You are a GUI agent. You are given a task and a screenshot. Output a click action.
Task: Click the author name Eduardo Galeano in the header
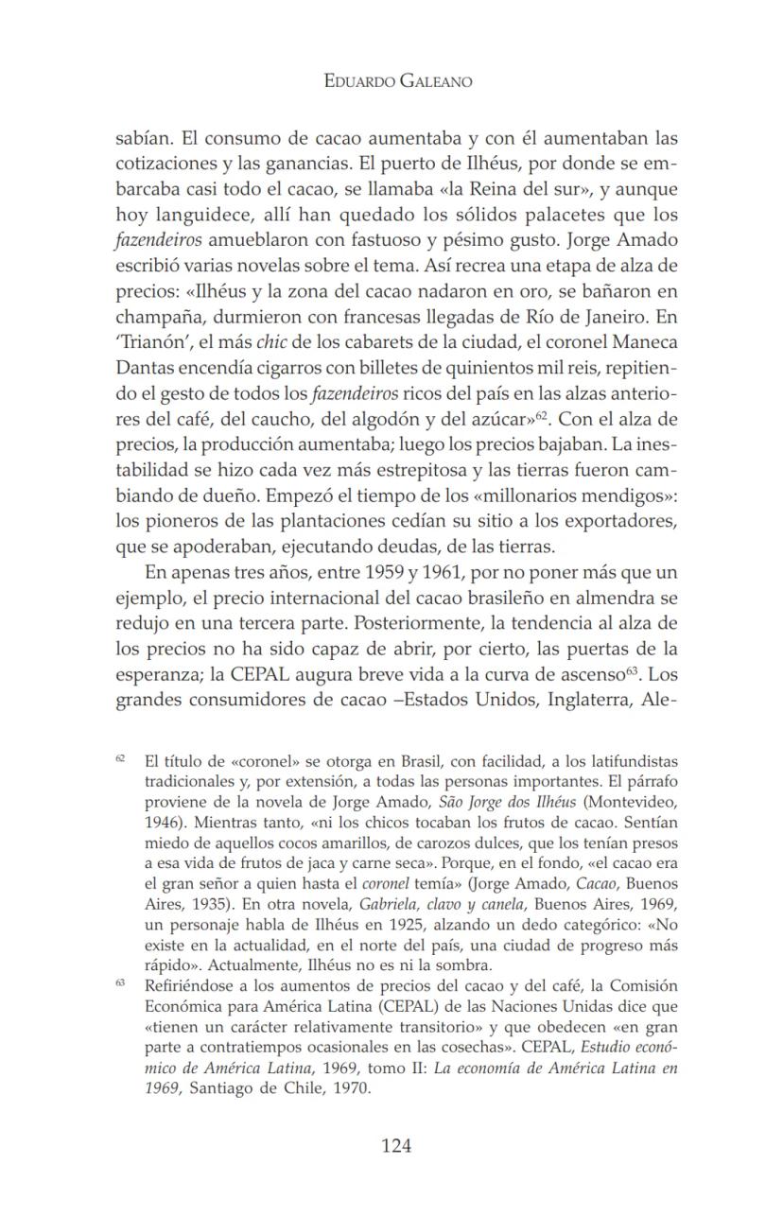pos(397,82)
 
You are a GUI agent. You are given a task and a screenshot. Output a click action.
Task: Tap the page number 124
pos(396,1146)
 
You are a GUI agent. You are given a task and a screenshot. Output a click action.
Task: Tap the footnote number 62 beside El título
pos(121,758)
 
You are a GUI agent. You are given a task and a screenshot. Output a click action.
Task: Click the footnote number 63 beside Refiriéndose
pos(121,983)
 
